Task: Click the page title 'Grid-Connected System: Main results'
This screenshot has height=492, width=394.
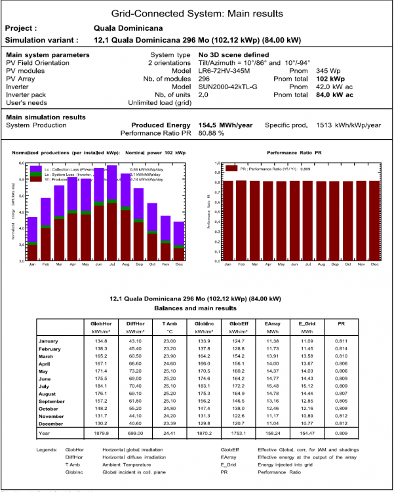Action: click(197, 13)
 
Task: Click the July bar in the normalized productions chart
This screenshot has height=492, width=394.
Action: click(112, 223)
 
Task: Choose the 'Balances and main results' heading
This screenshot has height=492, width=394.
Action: click(197, 308)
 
